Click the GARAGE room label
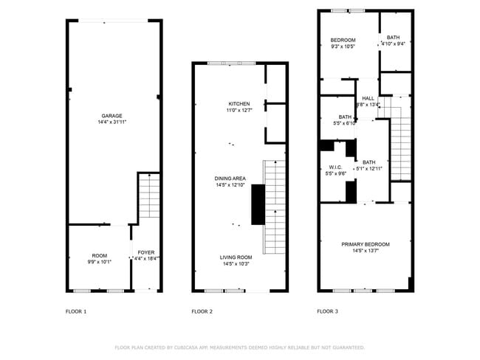112,116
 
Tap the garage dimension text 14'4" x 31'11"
112,122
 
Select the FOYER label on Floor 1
145,253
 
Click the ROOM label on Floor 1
99,255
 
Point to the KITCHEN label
239,104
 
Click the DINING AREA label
230,179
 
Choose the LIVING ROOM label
236,257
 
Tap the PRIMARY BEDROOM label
365,244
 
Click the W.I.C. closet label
335,167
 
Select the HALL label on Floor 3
368,98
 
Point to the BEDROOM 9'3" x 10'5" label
343,40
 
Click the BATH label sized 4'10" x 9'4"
393,38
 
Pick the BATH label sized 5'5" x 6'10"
345,117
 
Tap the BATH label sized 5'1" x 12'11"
368,162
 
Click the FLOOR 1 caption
76,312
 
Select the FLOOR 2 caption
202,312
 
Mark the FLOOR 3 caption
327,312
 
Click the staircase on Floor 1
149,195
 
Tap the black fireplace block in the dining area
258,204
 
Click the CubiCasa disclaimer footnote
239,347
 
